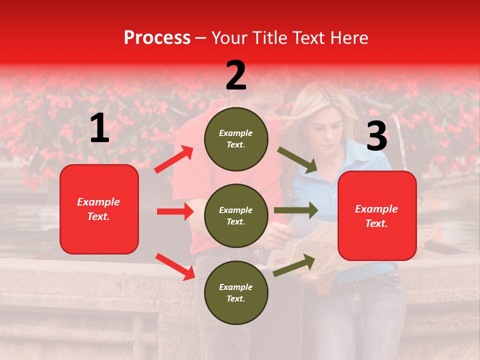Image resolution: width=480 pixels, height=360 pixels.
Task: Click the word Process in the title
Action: tap(157, 38)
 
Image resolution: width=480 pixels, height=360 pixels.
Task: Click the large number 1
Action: tap(99, 129)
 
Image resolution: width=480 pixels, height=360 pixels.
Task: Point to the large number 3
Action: tap(376, 136)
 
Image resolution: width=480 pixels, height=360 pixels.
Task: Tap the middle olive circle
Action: tap(236, 215)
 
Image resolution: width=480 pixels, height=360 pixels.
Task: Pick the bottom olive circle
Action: tap(236, 292)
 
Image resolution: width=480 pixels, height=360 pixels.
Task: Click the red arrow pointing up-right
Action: tap(174, 159)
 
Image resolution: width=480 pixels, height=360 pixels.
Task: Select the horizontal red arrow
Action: tap(175, 211)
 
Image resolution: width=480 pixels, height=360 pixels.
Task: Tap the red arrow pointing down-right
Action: tap(175, 266)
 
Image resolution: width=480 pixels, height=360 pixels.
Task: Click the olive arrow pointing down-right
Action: tap(298, 160)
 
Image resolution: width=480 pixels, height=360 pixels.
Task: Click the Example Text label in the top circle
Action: tap(236, 138)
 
